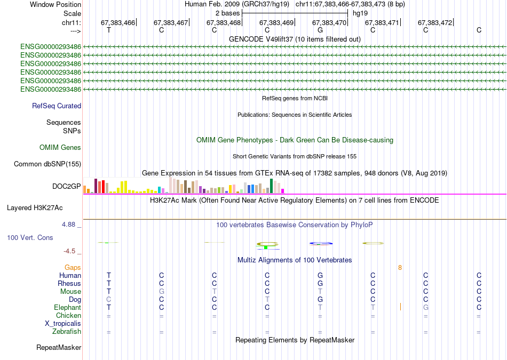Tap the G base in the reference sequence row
tap(320, 30)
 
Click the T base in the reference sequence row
tap(109, 30)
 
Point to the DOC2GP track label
tap(66, 186)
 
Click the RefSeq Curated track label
tap(57, 106)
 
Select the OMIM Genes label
tap(60, 148)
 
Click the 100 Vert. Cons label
tap(30, 237)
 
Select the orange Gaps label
tap(73, 267)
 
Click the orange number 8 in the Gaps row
tap(400, 267)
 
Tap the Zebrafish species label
tap(67, 332)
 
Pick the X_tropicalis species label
tap(63, 324)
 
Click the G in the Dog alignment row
tap(320, 300)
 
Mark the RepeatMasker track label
tap(59, 348)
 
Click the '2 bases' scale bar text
tap(228, 13)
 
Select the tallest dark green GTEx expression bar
tap(272, 186)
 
